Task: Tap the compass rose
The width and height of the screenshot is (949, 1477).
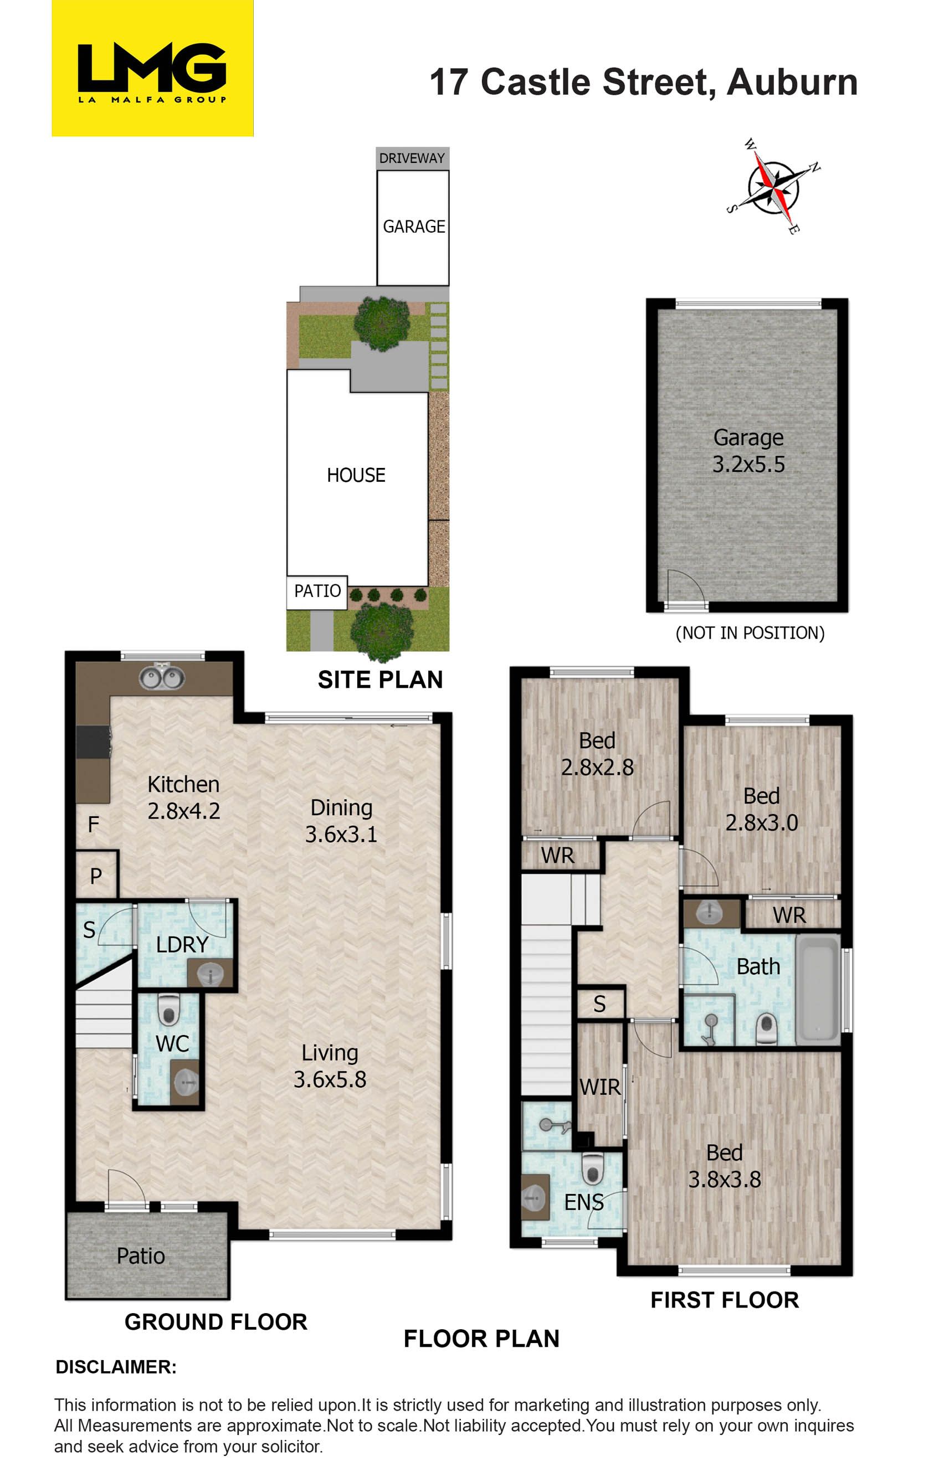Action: pyautogui.click(x=773, y=186)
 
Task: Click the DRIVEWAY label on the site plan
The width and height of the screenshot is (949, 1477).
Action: pyautogui.click(x=412, y=158)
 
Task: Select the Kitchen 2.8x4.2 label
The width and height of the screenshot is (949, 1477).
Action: pyautogui.click(x=183, y=797)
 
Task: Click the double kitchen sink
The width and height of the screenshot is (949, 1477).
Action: pyautogui.click(x=161, y=677)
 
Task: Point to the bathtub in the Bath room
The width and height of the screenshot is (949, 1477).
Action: pyautogui.click(x=817, y=989)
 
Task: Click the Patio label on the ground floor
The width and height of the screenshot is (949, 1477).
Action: pyautogui.click(x=141, y=1256)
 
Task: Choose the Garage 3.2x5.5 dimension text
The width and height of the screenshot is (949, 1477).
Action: pyautogui.click(x=748, y=451)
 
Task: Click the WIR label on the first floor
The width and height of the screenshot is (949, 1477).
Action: pyautogui.click(x=600, y=1087)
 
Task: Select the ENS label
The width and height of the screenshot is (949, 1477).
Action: pyautogui.click(x=584, y=1202)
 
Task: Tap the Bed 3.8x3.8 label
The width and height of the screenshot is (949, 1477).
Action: pyautogui.click(x=725, y=1166)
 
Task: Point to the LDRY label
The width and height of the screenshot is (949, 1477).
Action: pyautogui.click(x=182, y=944)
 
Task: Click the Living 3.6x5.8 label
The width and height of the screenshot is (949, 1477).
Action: pyautogui.click(x=330, y=1066)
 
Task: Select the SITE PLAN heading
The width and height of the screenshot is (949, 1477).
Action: pyautogui.click(x=380, y=680)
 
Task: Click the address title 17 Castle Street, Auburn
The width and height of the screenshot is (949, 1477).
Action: pyautogui.click(x=644, y=82)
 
